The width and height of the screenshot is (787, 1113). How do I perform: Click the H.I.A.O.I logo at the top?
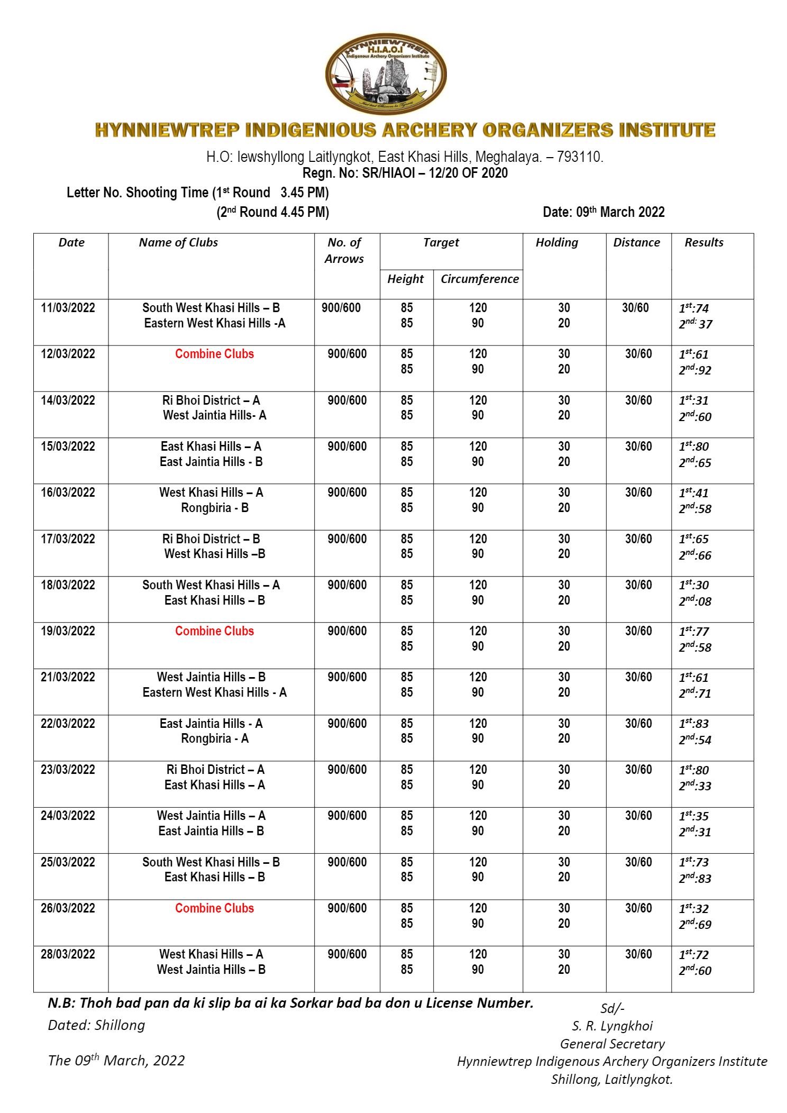coord(386,74)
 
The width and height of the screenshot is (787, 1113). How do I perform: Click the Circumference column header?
coord(479,279)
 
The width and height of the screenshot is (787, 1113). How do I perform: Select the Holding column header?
coord(556,242)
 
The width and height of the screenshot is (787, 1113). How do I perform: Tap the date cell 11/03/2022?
coord(68,308)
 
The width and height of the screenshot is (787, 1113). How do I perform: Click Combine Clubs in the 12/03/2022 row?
coord(214,354)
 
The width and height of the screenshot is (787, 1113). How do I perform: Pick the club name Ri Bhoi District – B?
coord(211,539)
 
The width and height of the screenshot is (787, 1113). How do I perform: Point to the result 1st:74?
coord(693,308)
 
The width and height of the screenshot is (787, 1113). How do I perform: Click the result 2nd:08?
coord(695,601)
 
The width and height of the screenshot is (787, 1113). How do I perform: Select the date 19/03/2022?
coord(68,631)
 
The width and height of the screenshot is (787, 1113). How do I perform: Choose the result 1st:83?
coord(693,723)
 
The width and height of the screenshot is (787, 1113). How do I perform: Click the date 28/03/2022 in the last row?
coord(68,954)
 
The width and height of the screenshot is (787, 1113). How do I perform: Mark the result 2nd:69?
coord(695,924)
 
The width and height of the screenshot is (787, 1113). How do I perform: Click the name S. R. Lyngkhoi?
coord(612,1026)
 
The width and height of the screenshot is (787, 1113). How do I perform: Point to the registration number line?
coord(405,173)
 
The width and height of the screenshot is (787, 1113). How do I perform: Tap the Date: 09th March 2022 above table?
coord(603,212)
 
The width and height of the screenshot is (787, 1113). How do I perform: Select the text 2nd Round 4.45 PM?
coord(273,212)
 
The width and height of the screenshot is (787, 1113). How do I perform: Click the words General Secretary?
coord(612,1044)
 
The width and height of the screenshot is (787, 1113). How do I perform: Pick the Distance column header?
coord(636,242)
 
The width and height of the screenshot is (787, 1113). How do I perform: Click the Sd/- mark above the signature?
coord(612,1008)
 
